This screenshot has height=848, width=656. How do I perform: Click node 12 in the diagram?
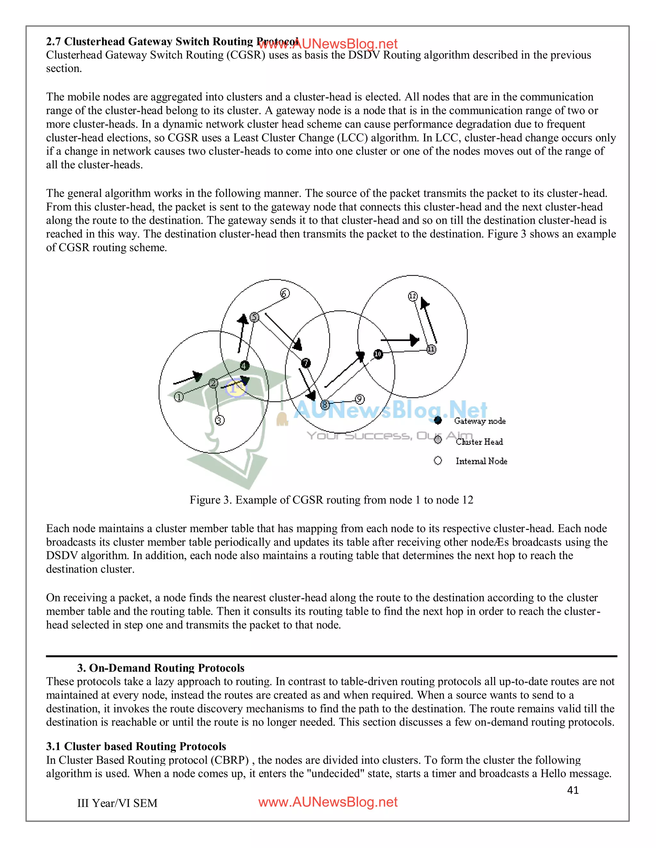pos(412,296)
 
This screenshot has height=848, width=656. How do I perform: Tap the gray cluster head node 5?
pos(254,317)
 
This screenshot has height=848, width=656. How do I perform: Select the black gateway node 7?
pos(306,363)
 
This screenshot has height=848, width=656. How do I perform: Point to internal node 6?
pos(285,293)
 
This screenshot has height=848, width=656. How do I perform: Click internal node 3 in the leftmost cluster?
pos(219,420)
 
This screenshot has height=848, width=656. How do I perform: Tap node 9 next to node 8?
pos(359,399)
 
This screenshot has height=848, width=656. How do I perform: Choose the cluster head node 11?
pos(431,349)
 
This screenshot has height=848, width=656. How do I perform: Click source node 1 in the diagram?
pos(178,397)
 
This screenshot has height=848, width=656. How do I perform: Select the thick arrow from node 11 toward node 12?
pos(429,320)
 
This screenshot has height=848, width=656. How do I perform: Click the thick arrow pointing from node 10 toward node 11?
pos(400,340)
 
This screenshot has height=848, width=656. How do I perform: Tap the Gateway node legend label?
pos(480,421)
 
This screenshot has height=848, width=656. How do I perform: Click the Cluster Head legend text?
pos(479,442)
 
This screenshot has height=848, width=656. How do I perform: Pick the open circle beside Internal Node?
pos(438,460)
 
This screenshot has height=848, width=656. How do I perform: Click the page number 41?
pos(573,790)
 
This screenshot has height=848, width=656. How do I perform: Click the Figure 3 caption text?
pos(331,500)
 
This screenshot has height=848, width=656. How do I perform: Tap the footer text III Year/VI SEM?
pos(117,803)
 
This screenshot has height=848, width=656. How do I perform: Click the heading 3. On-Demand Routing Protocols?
pos(160,668)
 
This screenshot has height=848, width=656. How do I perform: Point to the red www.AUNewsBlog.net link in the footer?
pos(328,802)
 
